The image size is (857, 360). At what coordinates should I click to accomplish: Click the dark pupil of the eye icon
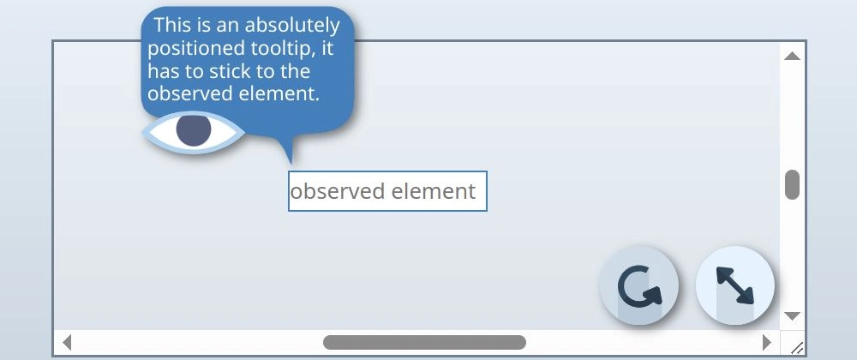194,129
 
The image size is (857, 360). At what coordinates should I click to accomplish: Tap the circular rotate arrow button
639,285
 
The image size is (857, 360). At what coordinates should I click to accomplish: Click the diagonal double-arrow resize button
735,285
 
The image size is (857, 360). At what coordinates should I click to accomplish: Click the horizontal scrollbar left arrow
67,343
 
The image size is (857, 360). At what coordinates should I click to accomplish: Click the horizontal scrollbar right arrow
766,343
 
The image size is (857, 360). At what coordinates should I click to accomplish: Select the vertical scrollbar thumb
792,184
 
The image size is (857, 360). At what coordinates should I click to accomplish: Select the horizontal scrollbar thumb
424,343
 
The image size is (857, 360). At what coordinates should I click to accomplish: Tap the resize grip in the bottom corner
797,347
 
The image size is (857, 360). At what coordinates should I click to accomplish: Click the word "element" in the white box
434,191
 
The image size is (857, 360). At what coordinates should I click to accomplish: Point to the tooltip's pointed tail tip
291,164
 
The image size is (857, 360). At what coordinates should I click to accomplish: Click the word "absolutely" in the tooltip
292,26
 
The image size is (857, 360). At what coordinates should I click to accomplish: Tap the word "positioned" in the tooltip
197,50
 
